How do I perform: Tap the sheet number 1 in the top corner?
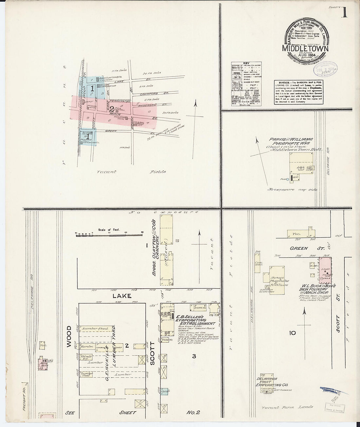(x=344, y=12)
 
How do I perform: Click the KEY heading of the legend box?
(x=246, y=63)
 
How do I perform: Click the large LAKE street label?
(x=122, y=296)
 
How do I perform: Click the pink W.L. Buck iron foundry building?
(x=325, y=270)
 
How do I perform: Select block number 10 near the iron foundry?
(x=292, y=333)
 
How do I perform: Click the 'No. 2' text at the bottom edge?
(x=193, y=413)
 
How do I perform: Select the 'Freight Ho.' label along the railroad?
(x=24, y=396)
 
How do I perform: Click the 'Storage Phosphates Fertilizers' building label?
(x=279, y=281)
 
